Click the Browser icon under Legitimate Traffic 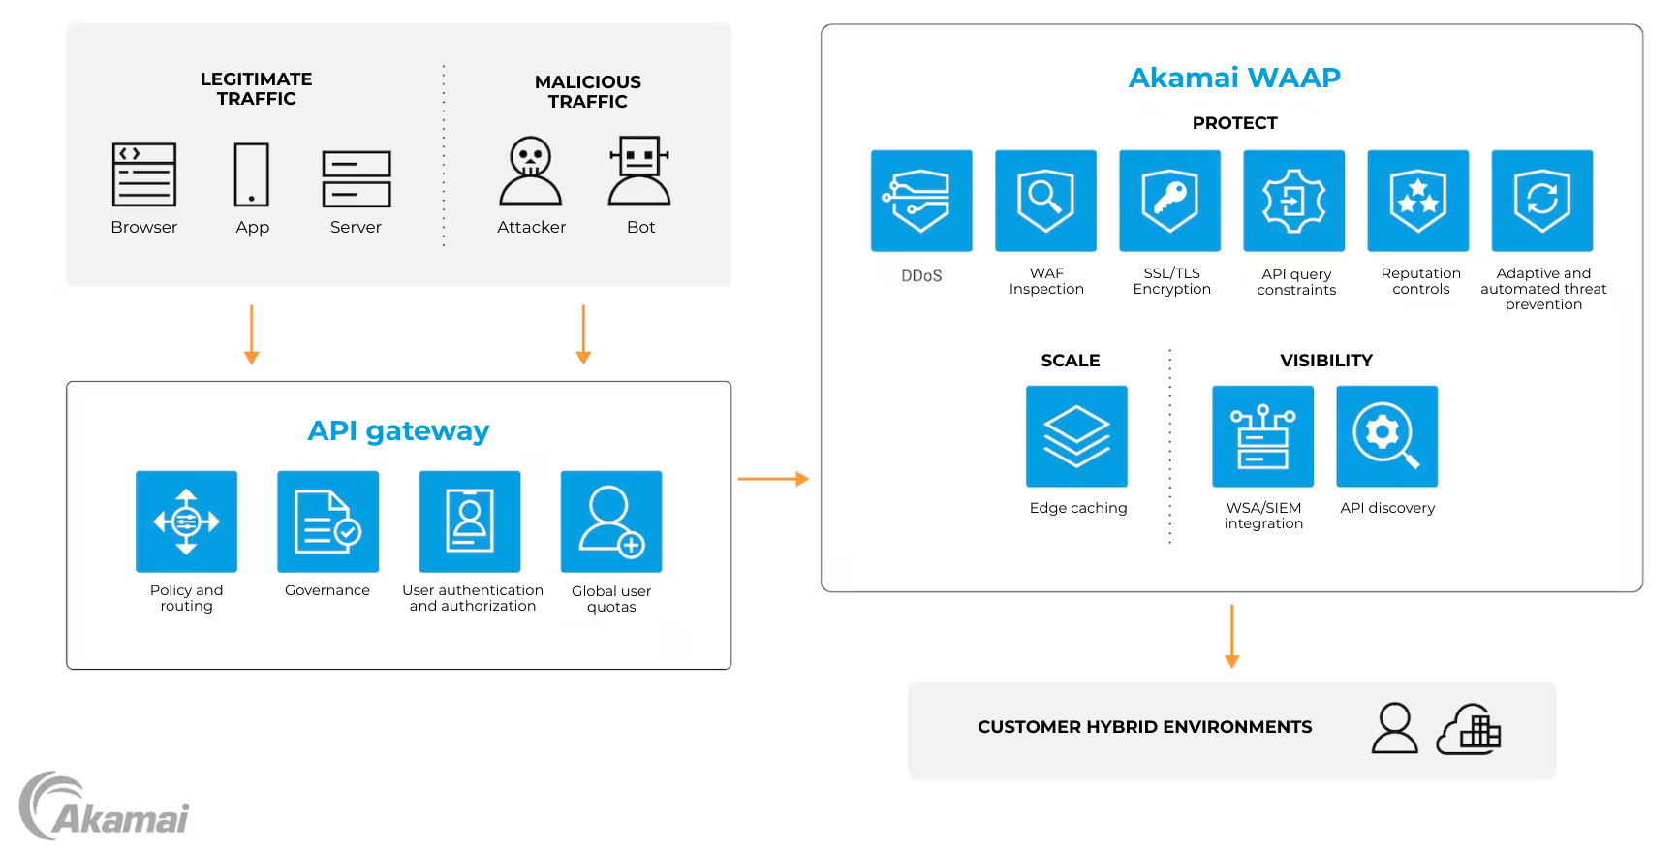point(144,174)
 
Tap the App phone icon point(252,174)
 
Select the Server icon point(357,178)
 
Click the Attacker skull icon point(531,172)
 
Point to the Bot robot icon point(639,172)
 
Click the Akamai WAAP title point(1234,78)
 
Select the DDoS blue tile point(921,201)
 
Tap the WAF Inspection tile point(1045,201)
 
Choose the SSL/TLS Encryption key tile point(1169,201)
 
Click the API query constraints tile point(1293,201)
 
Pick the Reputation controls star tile point(1417,201)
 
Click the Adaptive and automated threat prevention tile point(1541,201)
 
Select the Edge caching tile point(1076,436)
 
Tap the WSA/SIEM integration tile point(1262,436)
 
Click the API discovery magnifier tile point(1386,436)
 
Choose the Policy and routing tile point(186,522)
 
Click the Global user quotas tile point(611,522)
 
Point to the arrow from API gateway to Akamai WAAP point(772,479)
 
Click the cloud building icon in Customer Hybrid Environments point(1469,730)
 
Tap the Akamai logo point(105,807)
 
